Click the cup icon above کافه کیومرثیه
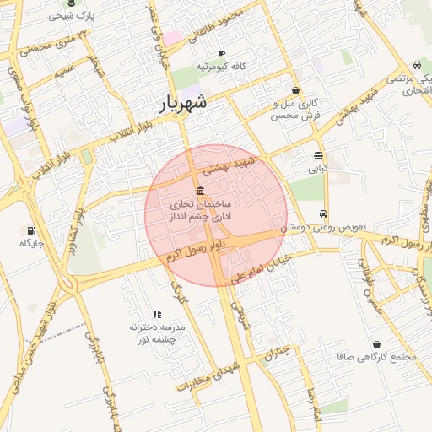221,53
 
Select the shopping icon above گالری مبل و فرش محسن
295,90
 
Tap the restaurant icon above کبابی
318,155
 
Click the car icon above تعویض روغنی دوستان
324,213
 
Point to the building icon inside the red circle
199,191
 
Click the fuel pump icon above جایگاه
31,230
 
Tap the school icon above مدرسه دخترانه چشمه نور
157,314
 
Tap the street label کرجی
177,293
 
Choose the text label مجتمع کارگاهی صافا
388,356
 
